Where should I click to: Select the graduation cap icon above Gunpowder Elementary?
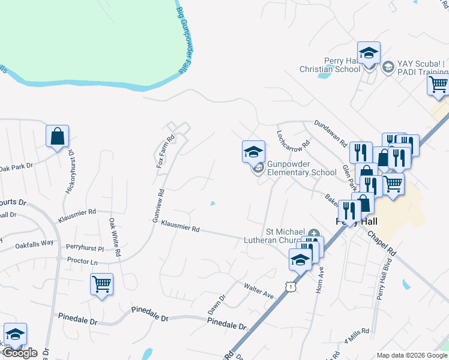(253, 151)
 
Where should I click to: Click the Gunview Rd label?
(158, 206)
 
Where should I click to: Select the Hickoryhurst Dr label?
(70, 170)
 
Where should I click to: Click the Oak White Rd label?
(114, 236)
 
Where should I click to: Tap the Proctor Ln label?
(82, 262)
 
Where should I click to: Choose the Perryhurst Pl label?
(85, 247)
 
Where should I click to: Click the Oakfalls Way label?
(34, 244)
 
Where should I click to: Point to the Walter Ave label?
(258, 292)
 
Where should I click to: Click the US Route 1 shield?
(291, 287)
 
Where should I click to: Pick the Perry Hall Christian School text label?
(330, 65)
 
